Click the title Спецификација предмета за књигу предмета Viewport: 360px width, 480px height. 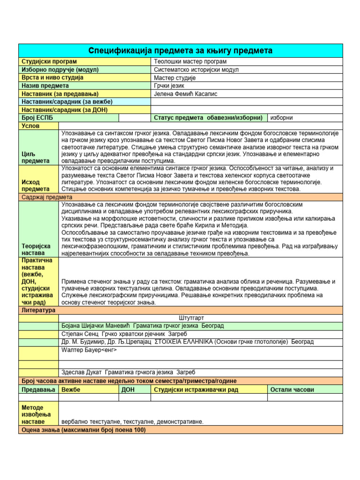180,51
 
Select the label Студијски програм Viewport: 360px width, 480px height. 49,61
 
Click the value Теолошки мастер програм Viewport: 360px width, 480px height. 190,61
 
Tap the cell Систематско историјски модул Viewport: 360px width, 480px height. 196,70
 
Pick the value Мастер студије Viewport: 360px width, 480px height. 175,78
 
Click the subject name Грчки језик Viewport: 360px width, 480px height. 169,86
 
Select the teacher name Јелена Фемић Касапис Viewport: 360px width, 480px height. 186,94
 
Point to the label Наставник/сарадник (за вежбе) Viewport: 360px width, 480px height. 67,102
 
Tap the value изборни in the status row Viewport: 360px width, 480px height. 283,118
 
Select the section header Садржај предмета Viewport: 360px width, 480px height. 46,197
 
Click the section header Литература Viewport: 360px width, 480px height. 38,310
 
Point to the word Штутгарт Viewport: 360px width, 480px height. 192,318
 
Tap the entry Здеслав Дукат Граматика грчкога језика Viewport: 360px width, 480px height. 128,372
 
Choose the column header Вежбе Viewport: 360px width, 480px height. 71,390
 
